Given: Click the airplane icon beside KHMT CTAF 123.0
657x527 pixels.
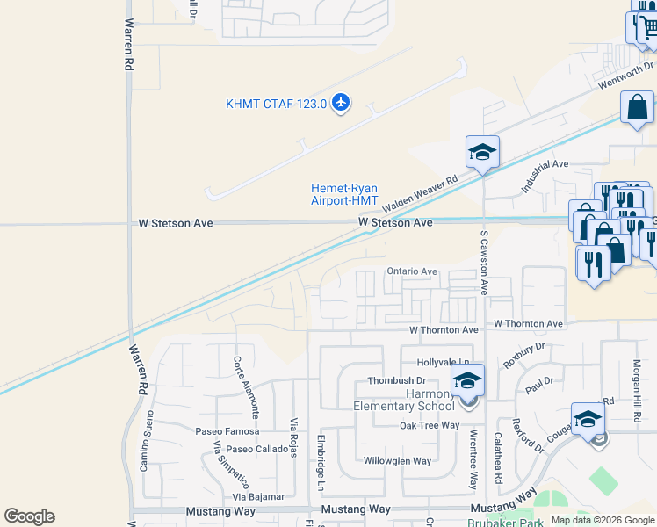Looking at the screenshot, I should [341, 104].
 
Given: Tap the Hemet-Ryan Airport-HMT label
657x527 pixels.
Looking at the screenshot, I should [344, 194].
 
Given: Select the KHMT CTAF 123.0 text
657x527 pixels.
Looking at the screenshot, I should [276, 104].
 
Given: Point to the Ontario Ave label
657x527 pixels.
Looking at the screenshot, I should [412, 272].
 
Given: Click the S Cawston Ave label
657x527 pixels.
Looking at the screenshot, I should [483, 262].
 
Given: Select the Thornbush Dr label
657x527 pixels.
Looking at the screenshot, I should [396, 381].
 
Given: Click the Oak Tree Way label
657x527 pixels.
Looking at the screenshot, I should [430, 426].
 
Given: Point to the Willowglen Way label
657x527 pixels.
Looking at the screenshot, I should [398, 461].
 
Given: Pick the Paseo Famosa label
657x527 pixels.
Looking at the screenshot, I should [227, 431].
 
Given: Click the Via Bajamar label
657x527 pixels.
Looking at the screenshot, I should [259, 497].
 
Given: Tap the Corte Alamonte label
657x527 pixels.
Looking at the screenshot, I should [247, 386].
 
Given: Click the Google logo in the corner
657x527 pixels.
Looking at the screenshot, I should [29, 516].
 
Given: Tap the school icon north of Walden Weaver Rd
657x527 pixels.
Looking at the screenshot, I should [482, 153].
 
